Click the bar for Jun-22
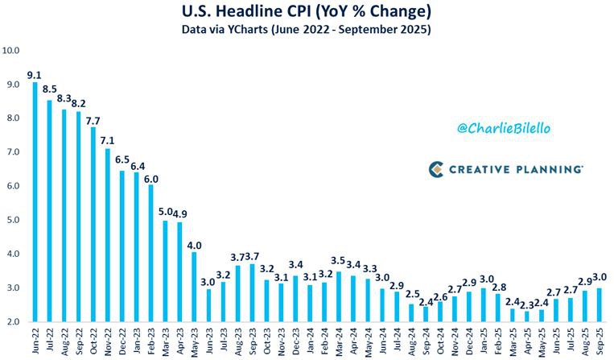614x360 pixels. pyautogui.click(x=35, y=201)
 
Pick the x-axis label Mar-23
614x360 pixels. pyautogui.click(x=166, y=341)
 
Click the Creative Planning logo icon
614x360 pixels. pyautogui.click(x=436, y=169)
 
